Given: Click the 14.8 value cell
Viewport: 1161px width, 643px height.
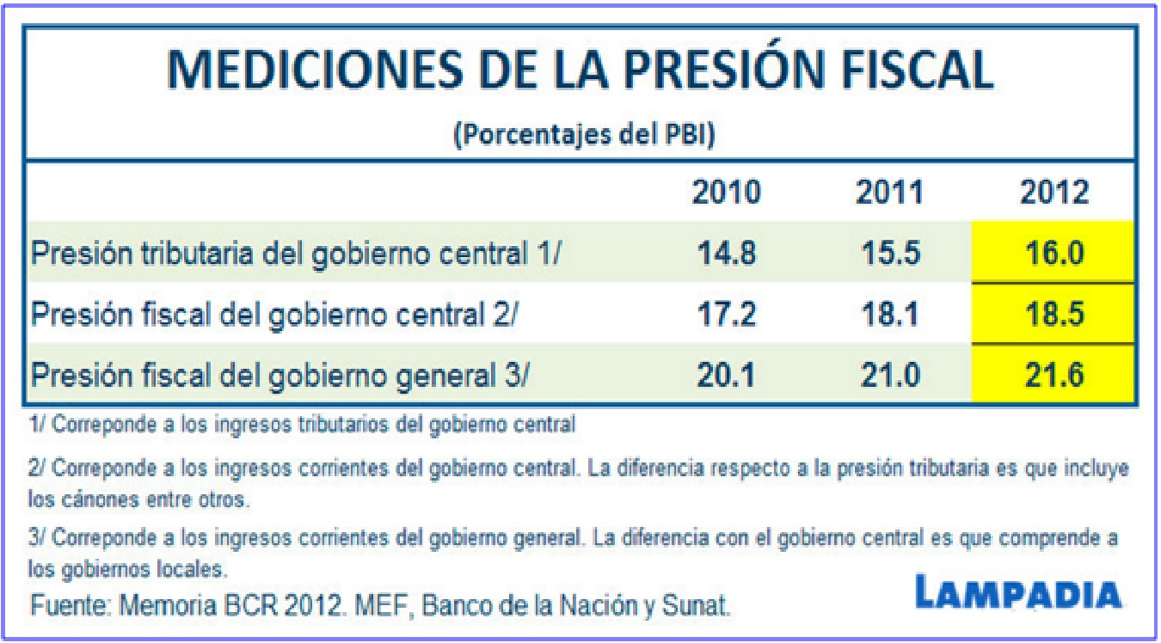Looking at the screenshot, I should pos(727,254).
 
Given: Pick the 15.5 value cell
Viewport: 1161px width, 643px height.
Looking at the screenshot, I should pos(889,254).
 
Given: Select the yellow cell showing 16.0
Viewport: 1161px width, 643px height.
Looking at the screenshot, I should pos(1053,254).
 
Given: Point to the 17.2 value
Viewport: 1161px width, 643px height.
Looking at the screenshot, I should pos(727,315).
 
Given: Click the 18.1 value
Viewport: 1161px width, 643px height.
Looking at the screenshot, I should pos(889,315).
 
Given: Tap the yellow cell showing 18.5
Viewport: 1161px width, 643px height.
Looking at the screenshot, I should pos(1053,315).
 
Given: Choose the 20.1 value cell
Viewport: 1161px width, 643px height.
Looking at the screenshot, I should pos(727,376).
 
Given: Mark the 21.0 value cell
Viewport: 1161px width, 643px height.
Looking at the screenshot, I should pos(889,376).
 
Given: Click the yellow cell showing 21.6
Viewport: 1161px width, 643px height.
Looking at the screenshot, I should pos(1053,376).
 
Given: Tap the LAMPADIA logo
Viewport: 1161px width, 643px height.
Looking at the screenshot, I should pos(1018,594).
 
